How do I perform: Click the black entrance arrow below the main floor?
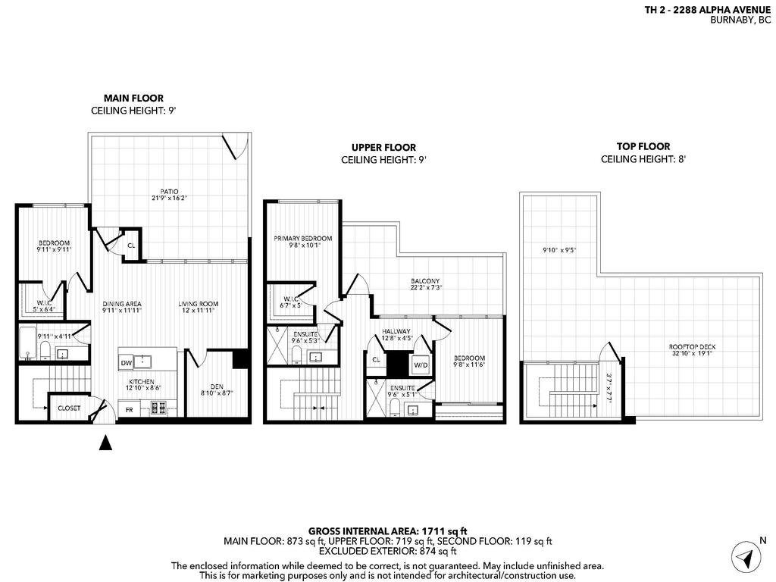pyautogui.click(x=106, y=443)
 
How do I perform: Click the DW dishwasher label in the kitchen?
pyautogui.click(x=127, y=363)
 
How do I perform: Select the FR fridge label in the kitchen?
pyautogui.click(x=130, y=409)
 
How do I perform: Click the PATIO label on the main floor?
pyautogui.click(x=169, y=191)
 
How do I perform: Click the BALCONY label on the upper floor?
pyautogui.click(x=425, y=281)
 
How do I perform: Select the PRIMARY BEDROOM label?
pyautogui.click(x=302, y=239)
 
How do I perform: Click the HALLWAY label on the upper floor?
pyautogui.click(x=396, y=331)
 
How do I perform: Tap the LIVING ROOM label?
pyautogui.click(x=198, y=305)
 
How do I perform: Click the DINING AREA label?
pyautogui.click(x=122, y=305)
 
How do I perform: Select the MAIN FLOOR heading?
pyautogui.click(x=133, y=98)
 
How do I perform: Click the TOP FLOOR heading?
pyautogui.click(x=644, y=147)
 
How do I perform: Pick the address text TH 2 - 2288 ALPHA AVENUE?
pyautogui.click(x=708, y=10)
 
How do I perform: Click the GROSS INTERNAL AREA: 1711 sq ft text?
pyautogui.click(x=388, y=530)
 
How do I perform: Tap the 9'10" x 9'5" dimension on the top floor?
pyautogui.click(x=559, y=249)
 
